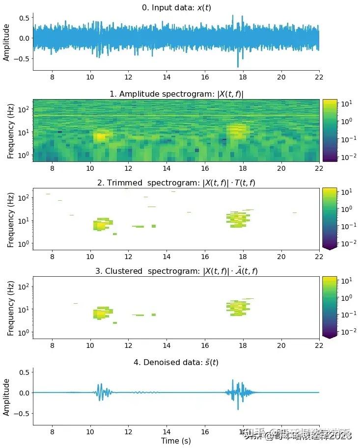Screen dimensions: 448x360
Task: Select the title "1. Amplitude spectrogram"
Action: point(176,94)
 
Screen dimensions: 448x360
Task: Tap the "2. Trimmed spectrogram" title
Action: point(176,183)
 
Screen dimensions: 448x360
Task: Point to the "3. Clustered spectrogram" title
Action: point(176,271)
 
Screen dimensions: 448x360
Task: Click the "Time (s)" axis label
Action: point(176,441)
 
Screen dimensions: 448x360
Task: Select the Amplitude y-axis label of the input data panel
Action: point(6,43)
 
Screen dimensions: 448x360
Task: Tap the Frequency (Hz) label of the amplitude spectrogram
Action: point(10,131)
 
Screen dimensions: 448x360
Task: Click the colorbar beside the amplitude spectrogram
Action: point(329,130)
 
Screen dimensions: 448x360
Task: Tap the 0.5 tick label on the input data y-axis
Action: point(24,18)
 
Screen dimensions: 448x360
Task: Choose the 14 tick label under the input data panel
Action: point(166,78)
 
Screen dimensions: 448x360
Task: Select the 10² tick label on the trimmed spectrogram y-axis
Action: point(25,197)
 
